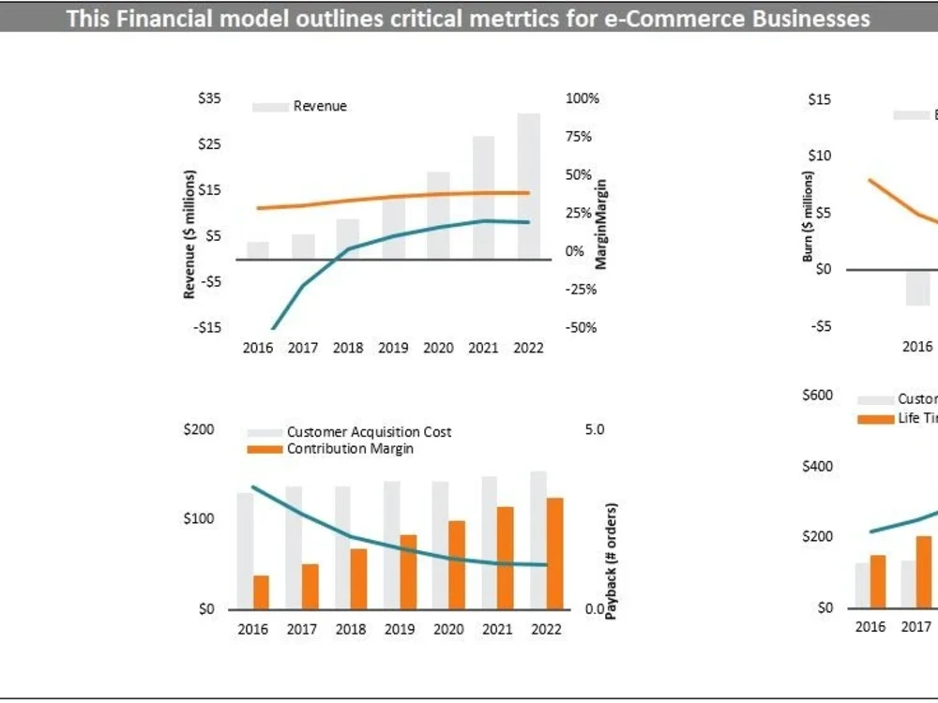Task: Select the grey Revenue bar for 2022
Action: tap(528, 187)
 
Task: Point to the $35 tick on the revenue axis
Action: tap(209, 98)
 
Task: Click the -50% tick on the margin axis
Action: tap(581, 327)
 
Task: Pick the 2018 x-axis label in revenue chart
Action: tap(347, 348)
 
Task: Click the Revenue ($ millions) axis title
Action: tap(189, 234)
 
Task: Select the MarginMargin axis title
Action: tap(602, 225)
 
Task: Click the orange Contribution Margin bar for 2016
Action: tap(261, 591)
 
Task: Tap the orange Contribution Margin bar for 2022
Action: tap(555, 553)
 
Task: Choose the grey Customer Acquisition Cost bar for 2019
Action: tap(391, 545)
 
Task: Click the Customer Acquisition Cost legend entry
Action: tap(368, 432)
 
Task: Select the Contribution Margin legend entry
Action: tap(349, 449)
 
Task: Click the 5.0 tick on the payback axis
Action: tap(594, 429)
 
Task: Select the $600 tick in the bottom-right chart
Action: tap(817, 395)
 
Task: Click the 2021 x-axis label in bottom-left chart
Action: tap(497, 629)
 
